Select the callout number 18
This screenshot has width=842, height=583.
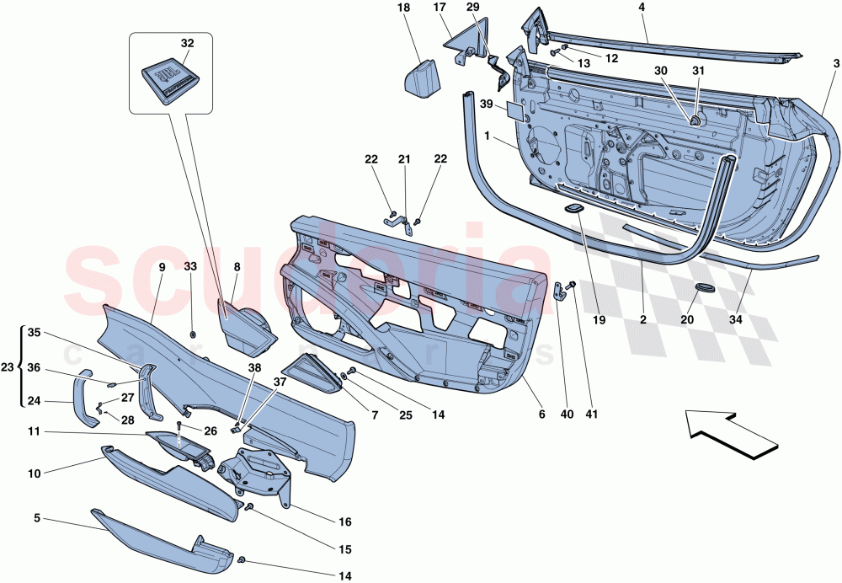(402, 8)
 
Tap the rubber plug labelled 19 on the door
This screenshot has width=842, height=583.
(573, 207)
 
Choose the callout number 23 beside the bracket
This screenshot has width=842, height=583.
(8, 367)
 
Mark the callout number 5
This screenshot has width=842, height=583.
(36, 518)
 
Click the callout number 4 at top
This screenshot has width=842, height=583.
(642, 8)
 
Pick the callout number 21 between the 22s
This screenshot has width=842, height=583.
(404, 159)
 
